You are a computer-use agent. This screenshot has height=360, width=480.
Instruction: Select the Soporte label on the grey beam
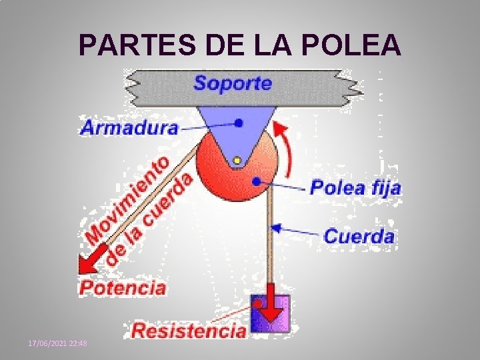tap(233, 83)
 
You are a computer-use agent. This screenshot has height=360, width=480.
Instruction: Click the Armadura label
tap(129, 128)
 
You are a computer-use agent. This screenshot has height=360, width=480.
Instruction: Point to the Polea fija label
tap(356, 187)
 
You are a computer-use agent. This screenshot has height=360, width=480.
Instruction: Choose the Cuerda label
tap(359, 236)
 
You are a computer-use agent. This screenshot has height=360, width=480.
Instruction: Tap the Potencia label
tap(123, 288)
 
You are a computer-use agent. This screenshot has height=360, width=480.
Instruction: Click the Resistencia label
tap(189, 330)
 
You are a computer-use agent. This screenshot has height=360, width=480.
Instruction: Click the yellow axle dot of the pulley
tap(237, 160)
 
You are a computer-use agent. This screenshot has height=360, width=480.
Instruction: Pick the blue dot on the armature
tap(239, 123)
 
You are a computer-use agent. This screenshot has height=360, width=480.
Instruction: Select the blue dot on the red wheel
tap(256, 180)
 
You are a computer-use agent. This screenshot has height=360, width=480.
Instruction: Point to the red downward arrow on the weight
tap(271, 303)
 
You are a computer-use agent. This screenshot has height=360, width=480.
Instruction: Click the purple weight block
tap(271, 313)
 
